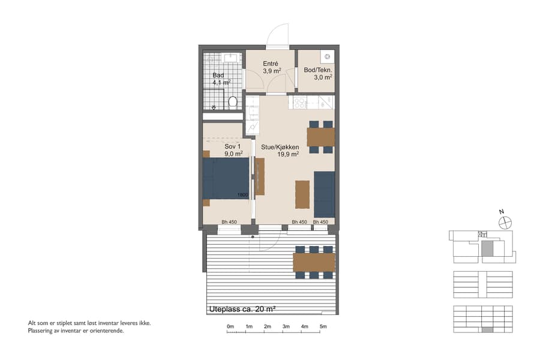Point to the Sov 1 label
233,146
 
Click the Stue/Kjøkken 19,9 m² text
280,150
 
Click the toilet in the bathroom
233,101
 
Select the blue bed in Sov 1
226,178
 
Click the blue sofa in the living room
324,193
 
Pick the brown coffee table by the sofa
302,194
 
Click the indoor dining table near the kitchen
320,137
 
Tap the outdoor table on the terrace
313,262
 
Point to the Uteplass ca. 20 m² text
242,309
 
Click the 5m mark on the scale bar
323,326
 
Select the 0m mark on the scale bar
230,326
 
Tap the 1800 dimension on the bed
242,194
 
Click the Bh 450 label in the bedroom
229,222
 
